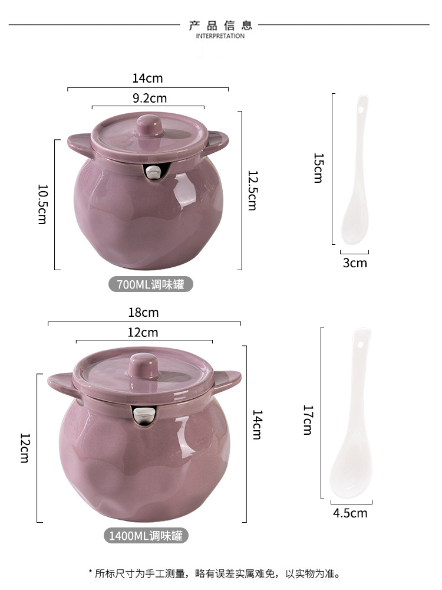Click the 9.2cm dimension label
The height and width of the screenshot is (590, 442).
(x=149, y=98)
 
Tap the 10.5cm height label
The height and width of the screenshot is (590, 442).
(x=42, y=204)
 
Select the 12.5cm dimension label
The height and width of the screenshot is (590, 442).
(x=252, y=191)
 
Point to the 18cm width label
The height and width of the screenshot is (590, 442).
(x=143, y=312)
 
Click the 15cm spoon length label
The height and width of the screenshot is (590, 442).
(x=318, y=168)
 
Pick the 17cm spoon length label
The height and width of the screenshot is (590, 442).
(x=308, y=420)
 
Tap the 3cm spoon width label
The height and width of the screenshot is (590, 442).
(x=355, y=263)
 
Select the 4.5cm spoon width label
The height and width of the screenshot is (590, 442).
(x=350, y=513)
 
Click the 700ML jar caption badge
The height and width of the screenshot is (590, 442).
(x=151, y=284)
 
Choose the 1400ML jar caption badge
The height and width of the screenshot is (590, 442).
(x=146, y=536)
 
